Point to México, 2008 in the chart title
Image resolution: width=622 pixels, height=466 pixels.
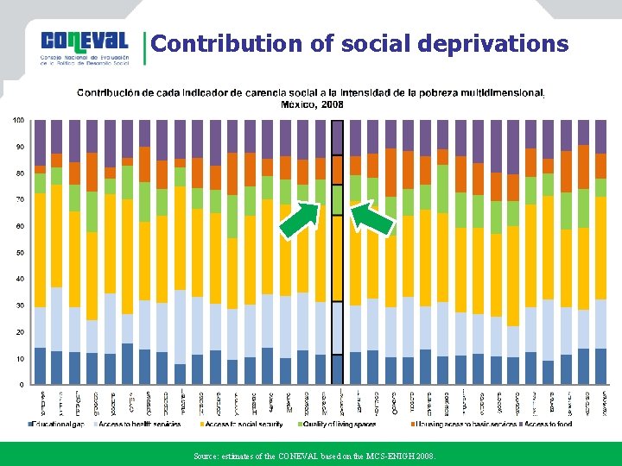pos(312,104)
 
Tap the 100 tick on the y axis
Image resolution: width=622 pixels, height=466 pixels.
pos(17,120)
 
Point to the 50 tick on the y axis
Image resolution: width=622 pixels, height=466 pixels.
pos(18,253)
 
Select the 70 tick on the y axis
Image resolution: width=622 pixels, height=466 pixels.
pos(18,199)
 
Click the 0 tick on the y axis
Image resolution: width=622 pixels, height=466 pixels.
pos(21,385)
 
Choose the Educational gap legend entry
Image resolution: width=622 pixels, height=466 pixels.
pos(59,424)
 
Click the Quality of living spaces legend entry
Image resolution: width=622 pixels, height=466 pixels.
pos(340,424)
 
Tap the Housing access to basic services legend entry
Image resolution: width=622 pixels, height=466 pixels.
pos(466,424)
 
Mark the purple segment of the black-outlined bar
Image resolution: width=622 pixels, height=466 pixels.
pos(338,138)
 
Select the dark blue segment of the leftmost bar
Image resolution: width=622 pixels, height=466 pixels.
pos(40,366)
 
